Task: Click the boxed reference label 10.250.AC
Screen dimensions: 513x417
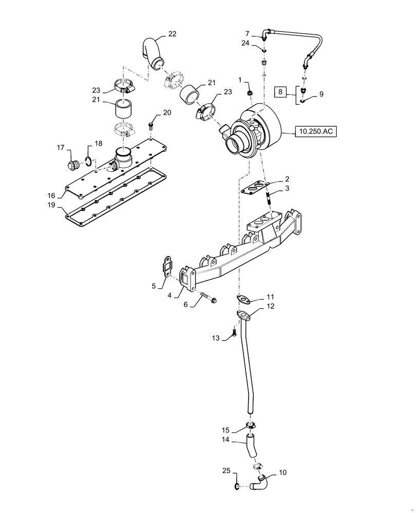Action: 314,132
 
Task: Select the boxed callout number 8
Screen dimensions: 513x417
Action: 280,93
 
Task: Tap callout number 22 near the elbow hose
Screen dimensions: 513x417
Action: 172,35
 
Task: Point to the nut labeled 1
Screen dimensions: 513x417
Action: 250,93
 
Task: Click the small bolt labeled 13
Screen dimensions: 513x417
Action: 234,333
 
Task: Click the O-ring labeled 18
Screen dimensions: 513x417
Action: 89,162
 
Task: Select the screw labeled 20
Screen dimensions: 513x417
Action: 151,125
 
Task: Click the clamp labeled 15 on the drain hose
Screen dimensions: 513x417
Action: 250,425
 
